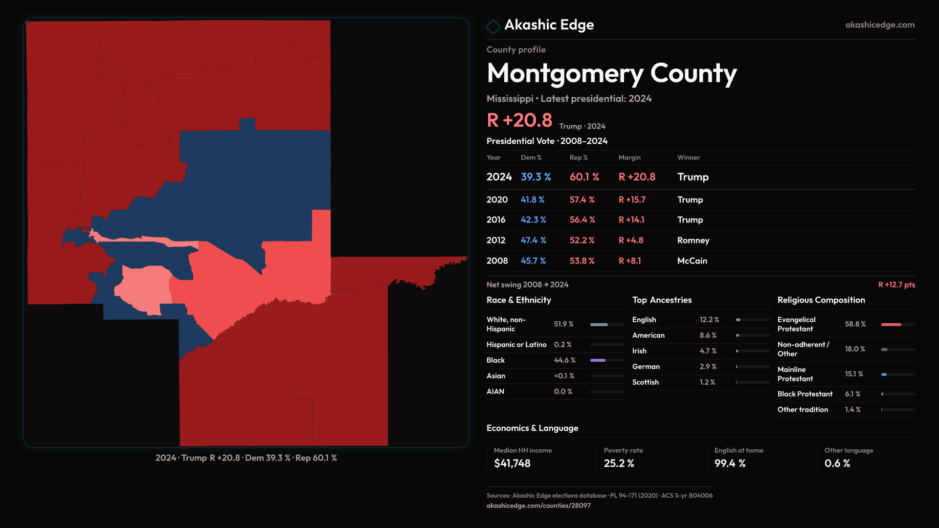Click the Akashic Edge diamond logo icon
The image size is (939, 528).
coord(493,26)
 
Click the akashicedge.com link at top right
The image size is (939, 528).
coord(879,25)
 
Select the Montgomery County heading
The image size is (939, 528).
coord(611,73)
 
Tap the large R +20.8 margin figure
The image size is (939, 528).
coord(519,120)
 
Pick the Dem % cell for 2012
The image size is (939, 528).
coord(533,241)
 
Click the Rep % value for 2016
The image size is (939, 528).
coord(582,220)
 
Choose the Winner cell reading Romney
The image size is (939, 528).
coord(693,241)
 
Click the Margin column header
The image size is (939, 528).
coord(629,157)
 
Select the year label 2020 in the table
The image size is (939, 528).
coord(497,200)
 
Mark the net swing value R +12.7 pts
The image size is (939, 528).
coord(896,285)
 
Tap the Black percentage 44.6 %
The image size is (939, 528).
coord(564,360)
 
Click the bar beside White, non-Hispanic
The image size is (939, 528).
coord(607,325)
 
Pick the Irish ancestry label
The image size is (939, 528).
coord(639,351)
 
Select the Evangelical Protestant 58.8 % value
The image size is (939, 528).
coord(855,324)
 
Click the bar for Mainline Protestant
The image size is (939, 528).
coord(898,374)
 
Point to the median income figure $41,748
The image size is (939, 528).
coord(512,463)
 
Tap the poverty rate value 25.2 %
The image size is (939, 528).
coord(619,463)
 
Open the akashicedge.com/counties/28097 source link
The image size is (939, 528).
coord(538,506)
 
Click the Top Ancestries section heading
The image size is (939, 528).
coord(662,300)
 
